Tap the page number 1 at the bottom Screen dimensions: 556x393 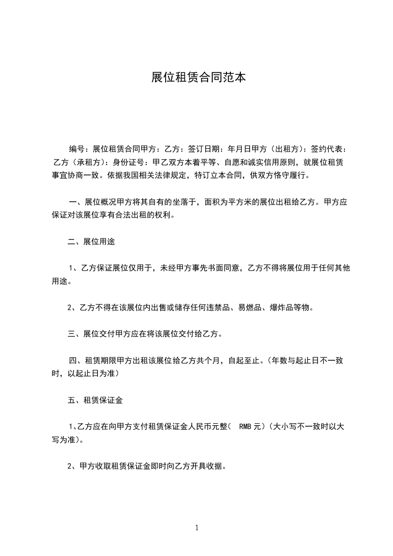point(197,528)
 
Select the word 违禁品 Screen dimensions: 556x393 point(220,307)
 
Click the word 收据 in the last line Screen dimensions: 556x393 point(219,466)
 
